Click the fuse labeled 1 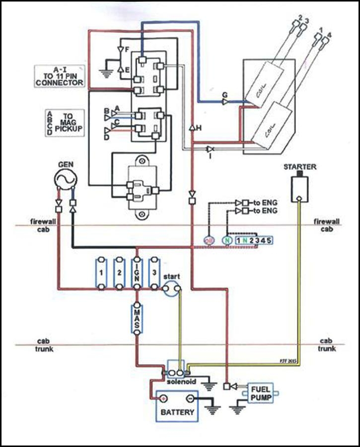(101, 273)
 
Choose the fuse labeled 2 (119, 273)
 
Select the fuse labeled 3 (154, 273)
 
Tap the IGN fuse (137, 273)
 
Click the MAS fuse (137, 320)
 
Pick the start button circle (172, 288)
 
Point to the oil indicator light (209, 240)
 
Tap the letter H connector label (199, 128)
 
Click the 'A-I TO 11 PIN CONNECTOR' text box (59, 76)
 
